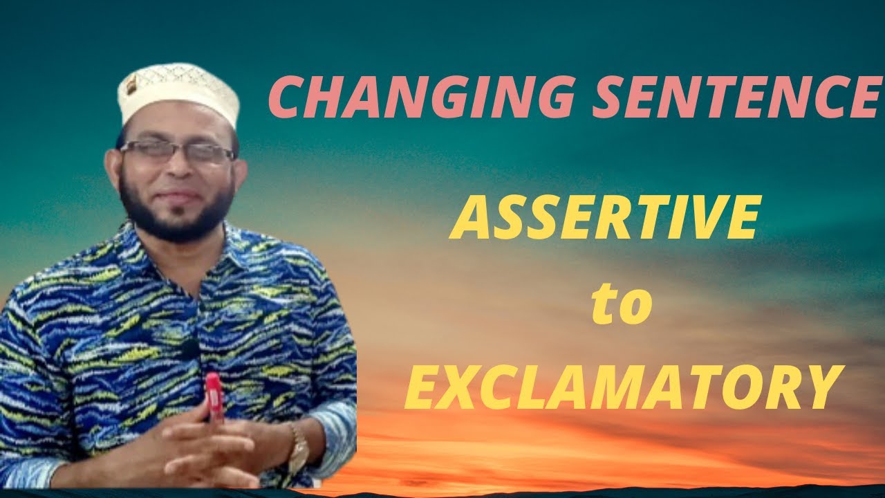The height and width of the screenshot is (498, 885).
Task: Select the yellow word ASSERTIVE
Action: (x=606, y=218)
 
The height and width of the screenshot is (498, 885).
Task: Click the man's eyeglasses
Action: (x=178, y=153)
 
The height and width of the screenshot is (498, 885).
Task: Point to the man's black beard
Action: (x=176, y=211)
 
